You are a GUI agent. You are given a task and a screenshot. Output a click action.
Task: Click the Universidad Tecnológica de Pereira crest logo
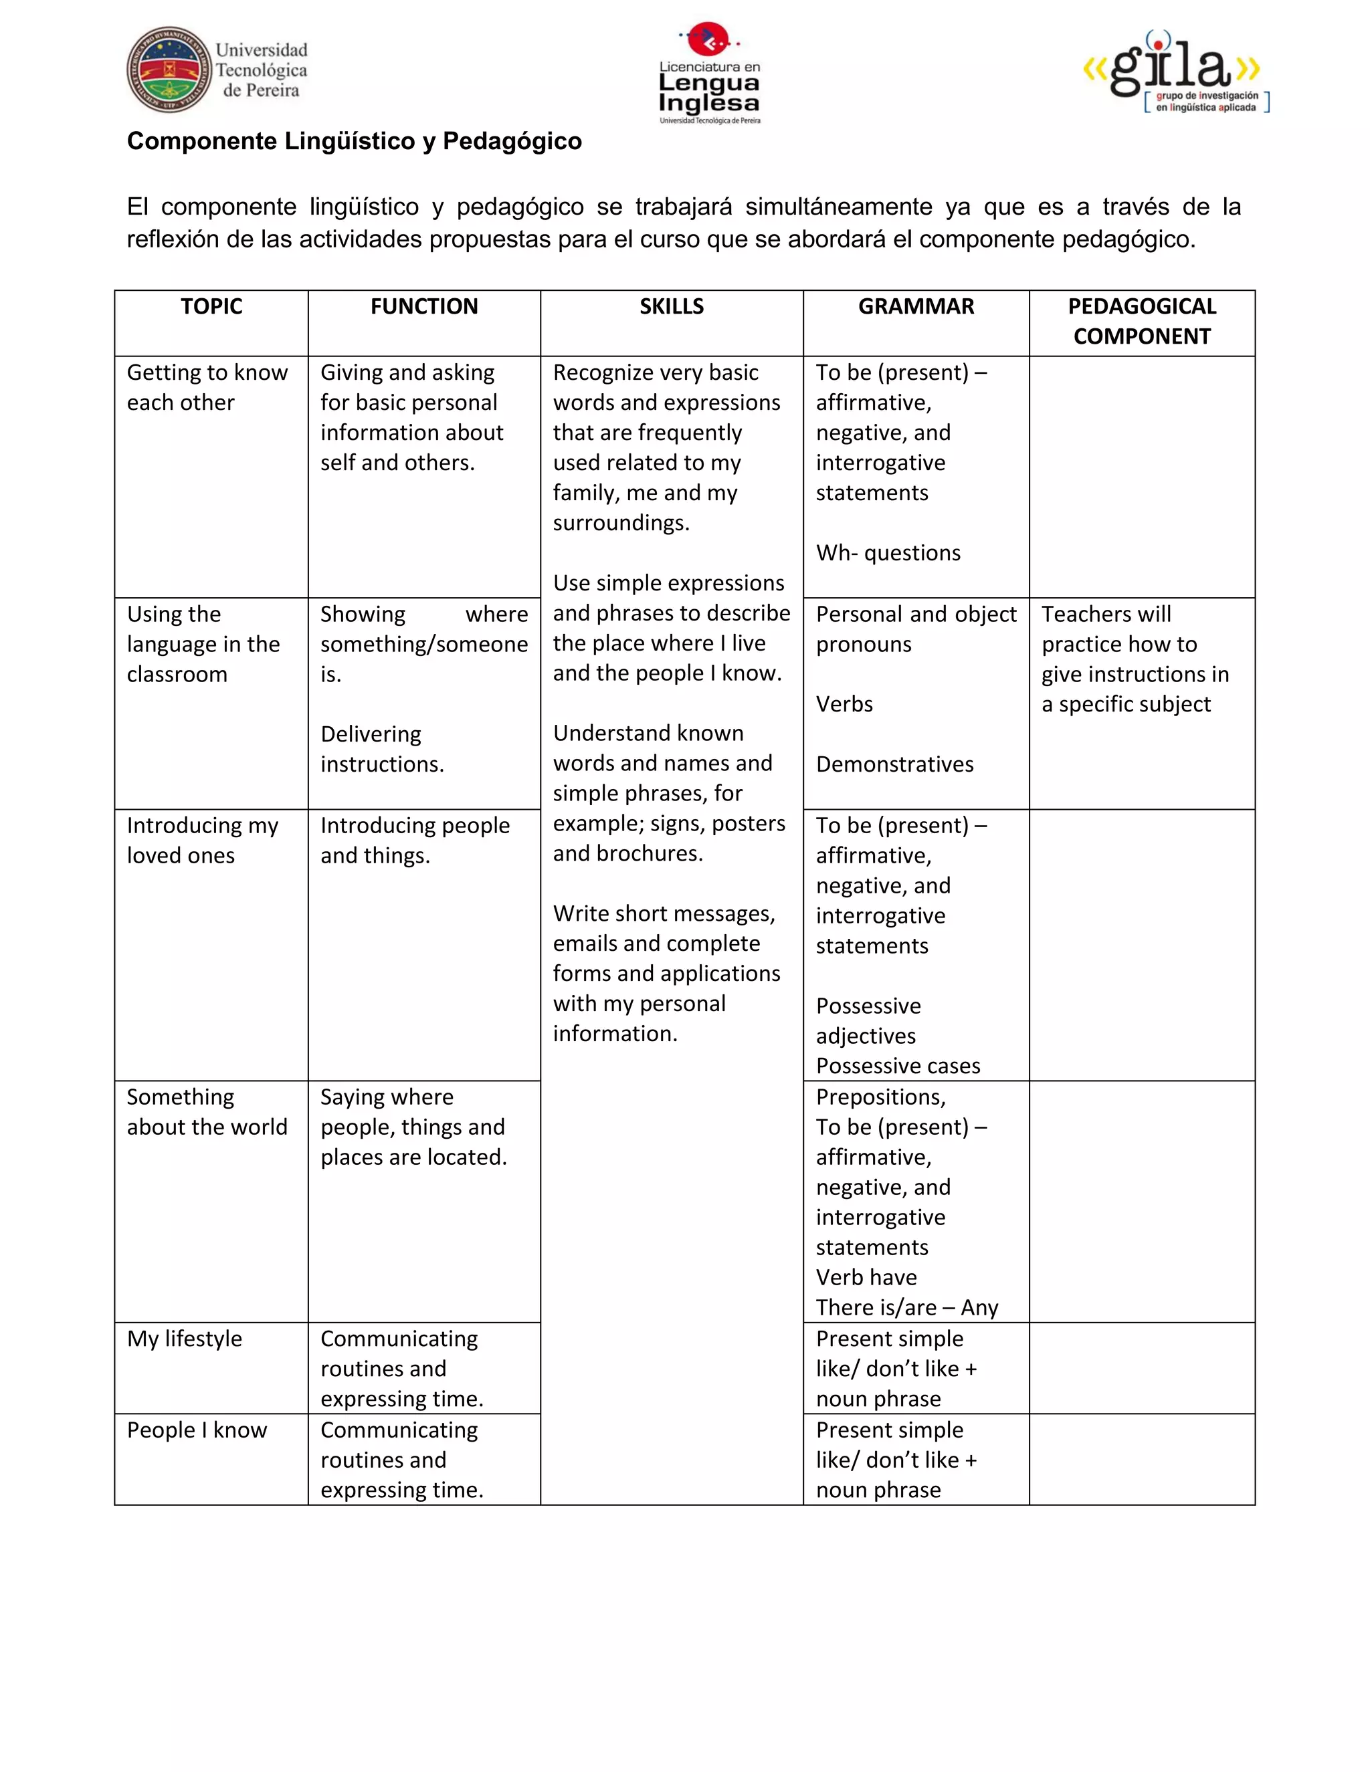point(169,70)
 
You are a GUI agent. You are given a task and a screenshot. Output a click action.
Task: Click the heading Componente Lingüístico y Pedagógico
point(354,141)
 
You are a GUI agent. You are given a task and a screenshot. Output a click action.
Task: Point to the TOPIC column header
point(211,307)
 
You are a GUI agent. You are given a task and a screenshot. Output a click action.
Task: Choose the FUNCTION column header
point(423,307)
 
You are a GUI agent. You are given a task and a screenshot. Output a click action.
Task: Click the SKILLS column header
point(671,307)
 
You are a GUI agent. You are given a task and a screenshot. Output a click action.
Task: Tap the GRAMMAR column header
point(916,307)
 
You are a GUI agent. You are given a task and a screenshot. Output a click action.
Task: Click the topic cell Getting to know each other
point(207,388)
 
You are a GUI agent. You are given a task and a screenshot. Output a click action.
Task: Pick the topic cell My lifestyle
point(184,1339)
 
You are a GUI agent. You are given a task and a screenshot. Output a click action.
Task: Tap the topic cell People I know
point(197,1430)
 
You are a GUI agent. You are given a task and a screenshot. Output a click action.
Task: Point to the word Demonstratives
point(894,764)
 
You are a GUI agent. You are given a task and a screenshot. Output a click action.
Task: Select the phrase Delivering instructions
point(381,750)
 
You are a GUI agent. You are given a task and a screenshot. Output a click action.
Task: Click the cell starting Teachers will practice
point(1135,659)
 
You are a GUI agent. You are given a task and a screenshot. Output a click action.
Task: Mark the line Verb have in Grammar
point(866,1278)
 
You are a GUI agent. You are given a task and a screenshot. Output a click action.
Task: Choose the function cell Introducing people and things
point(415,841)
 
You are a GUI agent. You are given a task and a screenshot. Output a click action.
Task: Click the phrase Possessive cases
point(898,1066)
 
